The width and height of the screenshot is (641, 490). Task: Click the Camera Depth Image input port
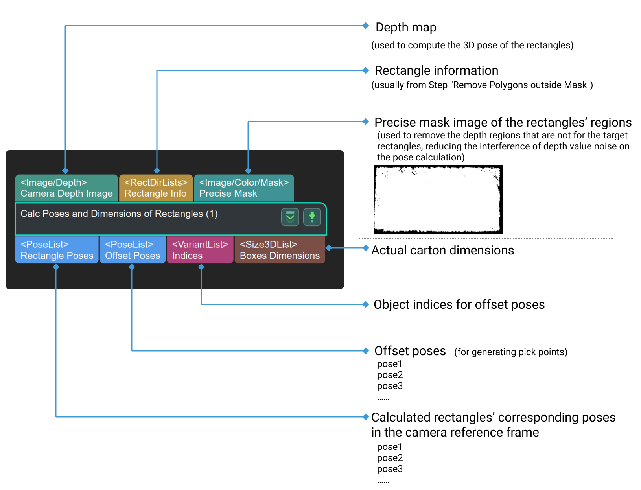click(x=66, y=188)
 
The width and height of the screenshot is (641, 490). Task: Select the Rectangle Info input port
click(x=156, y=188)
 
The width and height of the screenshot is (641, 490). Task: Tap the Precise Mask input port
click(x=244, y=188)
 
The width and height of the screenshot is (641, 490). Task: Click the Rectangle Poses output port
click(x=57, y=250)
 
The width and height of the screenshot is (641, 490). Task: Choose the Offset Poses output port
click(x=133, y=250)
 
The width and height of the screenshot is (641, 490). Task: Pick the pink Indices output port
click(x=200, y=250)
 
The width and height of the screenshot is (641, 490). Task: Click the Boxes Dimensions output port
click(x=280, y=250)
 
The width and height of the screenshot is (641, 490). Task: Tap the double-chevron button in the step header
click(x=290, y=217)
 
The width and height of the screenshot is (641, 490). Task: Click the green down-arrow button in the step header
click(x=312, y=217)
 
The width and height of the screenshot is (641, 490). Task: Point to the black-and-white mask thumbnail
click(x=438, y=199)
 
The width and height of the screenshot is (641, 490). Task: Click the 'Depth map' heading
click(x=406, y=28)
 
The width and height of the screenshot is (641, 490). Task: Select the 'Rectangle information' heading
click(x=437, y=71)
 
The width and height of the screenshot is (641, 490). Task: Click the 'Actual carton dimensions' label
click(x=443, y=251)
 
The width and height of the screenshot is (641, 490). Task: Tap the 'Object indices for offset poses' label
click(x=459, y=305)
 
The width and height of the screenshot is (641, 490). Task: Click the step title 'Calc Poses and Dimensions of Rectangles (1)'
click(x=119, y=214)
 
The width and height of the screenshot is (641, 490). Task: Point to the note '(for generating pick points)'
click(x=510, y=352)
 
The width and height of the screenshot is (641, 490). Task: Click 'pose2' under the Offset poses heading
click(x=390, y=375)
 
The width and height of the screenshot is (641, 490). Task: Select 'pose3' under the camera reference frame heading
click(x=390, y=469)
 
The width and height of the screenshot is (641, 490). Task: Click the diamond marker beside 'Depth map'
click(x=366, y=26)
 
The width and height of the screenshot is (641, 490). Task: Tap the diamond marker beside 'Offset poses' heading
click(x=366, y=350)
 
